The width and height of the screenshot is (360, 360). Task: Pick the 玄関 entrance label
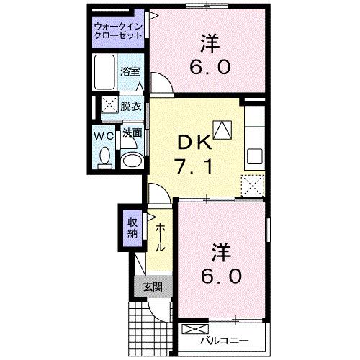151,287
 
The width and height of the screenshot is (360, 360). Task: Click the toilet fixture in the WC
103,156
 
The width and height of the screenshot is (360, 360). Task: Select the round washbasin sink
130,160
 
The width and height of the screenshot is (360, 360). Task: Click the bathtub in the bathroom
104,71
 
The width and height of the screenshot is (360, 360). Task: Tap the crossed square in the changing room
109,105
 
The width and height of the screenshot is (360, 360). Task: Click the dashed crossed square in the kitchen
251,186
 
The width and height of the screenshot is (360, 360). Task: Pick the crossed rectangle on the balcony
193,330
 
